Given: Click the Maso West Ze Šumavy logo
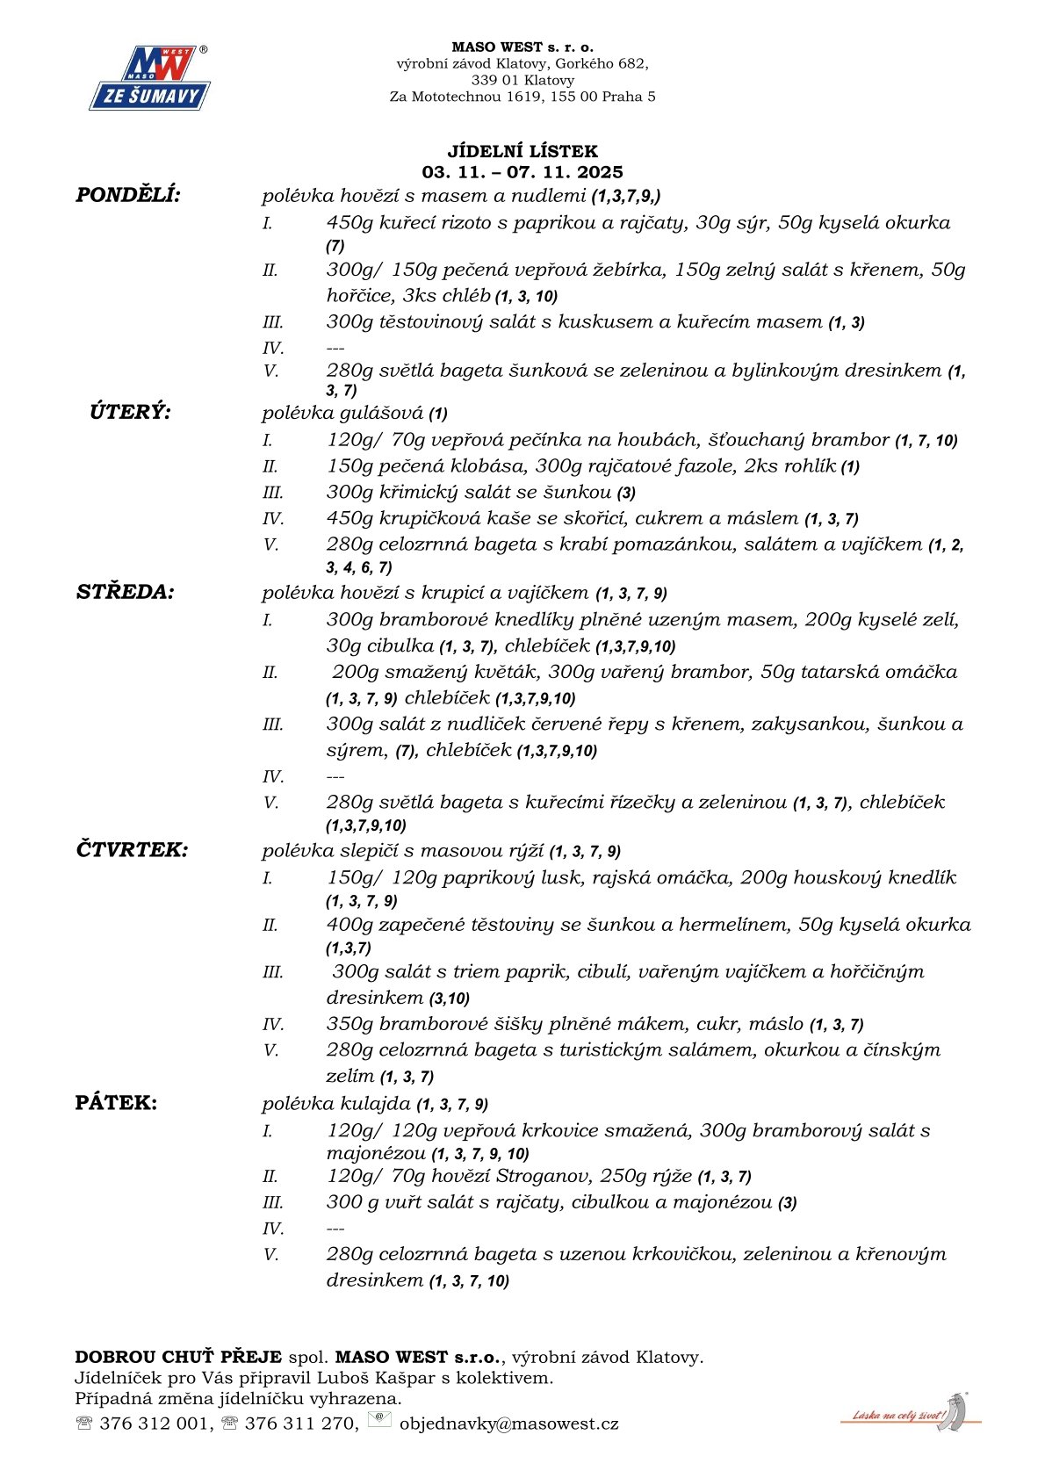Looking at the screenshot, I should click(149, 79).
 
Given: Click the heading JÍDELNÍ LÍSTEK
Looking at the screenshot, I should click(522, 151).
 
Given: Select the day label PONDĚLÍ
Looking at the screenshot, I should click(128, 195).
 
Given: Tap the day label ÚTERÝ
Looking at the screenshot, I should click(130, 412).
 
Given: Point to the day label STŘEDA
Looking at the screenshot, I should click(126, 592).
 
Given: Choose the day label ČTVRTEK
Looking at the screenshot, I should click(132, 850).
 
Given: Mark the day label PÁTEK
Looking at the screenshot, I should click(117, 1103).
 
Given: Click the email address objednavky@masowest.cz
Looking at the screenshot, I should click(508, 1424).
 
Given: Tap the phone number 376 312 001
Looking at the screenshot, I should click(155, 1424).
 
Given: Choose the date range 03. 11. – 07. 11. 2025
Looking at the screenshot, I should click(522, 172).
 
